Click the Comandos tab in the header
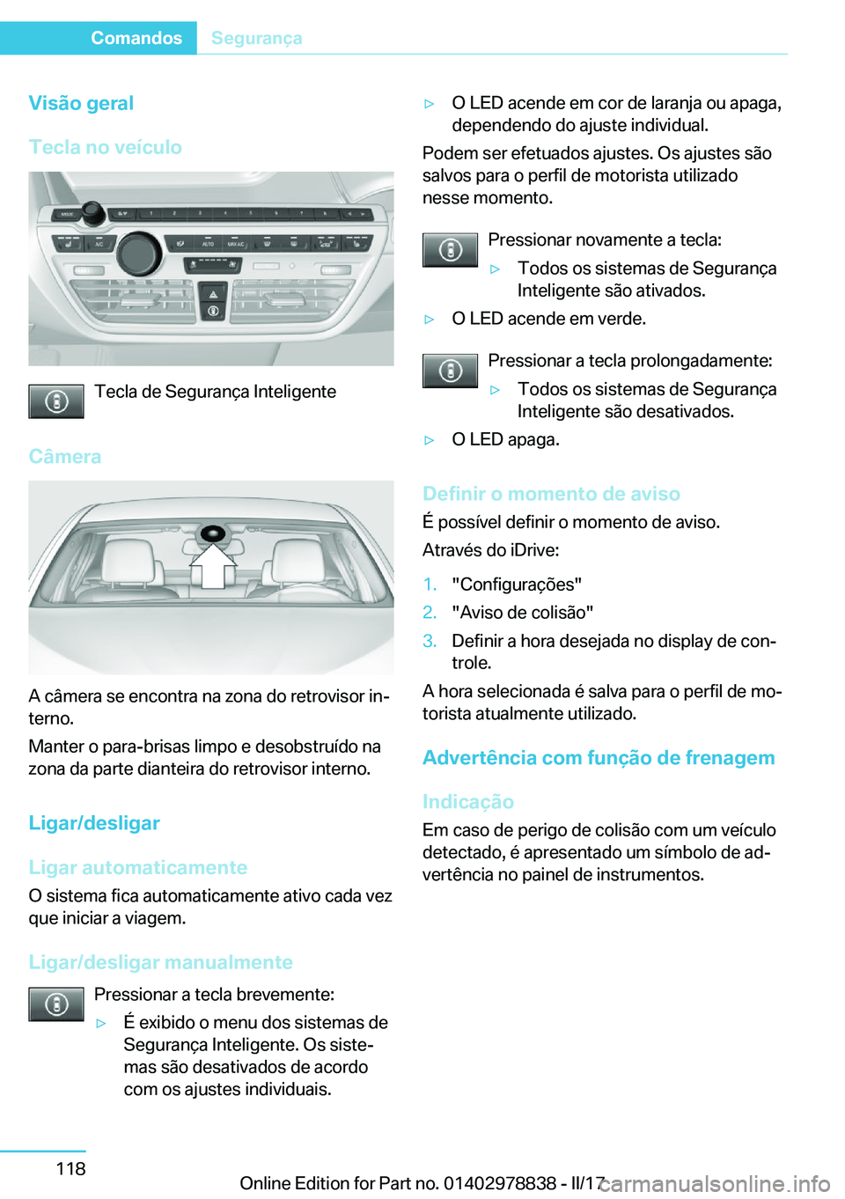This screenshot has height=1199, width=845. coord(136,38)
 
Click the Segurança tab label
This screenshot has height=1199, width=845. coord(256,38)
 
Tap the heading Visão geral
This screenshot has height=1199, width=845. coord(81,103)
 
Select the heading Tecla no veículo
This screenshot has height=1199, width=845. coord(105,147)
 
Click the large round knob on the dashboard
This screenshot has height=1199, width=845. coord(139,253)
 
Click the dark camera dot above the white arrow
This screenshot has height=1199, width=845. coord(213,533)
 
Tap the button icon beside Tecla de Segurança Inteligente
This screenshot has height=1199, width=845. coord(55,401)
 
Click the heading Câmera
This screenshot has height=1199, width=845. coord(64,456)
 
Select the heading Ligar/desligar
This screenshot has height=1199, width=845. coord(94,823)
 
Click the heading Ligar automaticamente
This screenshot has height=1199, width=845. coord(137,867)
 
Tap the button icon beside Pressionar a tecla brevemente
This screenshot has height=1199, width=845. coord(55,1004)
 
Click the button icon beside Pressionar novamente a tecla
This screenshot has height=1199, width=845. coord(450,250)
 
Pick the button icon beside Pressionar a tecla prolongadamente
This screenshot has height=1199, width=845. coord(450,371)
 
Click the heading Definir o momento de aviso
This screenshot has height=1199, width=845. coord(551,494)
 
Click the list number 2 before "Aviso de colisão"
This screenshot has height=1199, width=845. coord(430,612)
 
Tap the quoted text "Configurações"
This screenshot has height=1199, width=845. coord(517,585)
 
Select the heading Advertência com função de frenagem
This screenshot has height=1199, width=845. coord(599,758)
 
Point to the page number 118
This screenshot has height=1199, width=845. coord(70,1168)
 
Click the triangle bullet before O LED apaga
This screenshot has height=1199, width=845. coord(430,440)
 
